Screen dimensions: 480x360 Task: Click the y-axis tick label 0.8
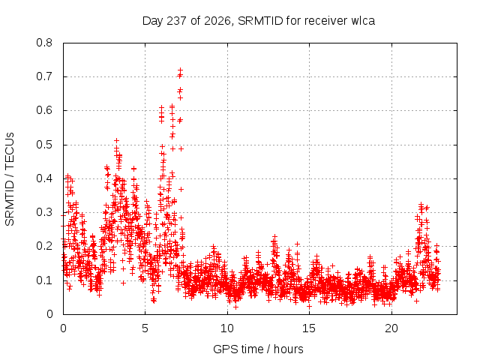tap(44, 43)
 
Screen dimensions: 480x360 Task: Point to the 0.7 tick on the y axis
tap(44, 76)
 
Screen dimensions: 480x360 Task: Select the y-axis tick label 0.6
tap(44, 110)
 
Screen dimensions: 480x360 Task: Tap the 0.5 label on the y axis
tap(44, 145)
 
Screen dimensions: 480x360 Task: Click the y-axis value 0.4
tap(44, 178)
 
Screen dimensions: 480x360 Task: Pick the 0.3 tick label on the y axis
tap(44, 212)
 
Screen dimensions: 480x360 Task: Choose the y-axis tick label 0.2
tap(44, 246)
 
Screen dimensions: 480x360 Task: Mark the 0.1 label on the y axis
tap(44, 280)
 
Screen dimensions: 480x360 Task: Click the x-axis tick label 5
tap(145, 328)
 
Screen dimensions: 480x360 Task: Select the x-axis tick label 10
tap(227, 328)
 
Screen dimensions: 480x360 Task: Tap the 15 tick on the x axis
tap(309, 328)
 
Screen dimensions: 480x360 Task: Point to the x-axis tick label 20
tap(391, 328)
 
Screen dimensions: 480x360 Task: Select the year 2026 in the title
tap(217, 21)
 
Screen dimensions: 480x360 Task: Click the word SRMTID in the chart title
tap(260, 21)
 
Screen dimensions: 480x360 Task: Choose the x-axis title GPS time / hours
tap(258, 349)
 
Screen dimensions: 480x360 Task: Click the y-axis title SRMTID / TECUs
tap(10, 179)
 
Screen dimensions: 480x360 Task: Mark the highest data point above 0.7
tap(180, 70)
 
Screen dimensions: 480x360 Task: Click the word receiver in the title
tap(326, 21)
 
